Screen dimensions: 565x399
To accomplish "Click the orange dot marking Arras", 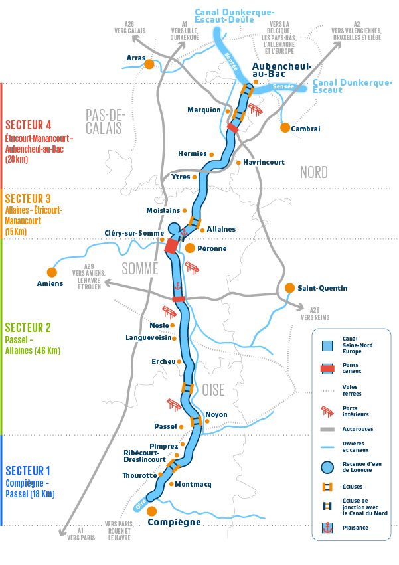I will (x=149, y=64).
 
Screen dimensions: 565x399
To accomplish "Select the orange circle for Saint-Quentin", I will (x=289, y=288).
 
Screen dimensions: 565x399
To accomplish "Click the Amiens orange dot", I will (x=51, y=272).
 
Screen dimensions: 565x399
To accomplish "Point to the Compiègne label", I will (x=174, y=522).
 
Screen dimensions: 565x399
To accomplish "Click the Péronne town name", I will (x=212, y=248).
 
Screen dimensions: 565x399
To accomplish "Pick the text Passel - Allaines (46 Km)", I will (x=33, y=345).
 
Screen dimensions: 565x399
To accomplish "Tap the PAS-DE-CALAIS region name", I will (x=104, y=121).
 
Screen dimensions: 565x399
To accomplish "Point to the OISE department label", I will (x=214, y=389).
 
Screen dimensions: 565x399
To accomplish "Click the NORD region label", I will (x=313, y=173).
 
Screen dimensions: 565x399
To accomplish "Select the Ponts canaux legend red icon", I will (x=327, y=369).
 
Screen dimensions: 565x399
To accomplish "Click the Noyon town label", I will (x=216, y=415).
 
